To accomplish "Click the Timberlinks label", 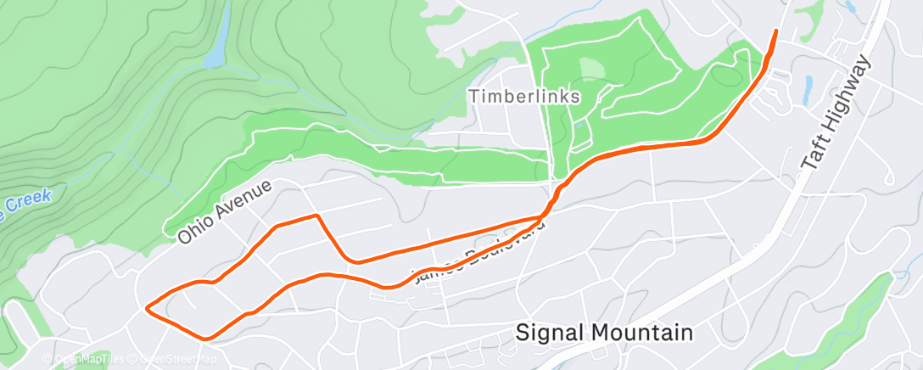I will [525, 97].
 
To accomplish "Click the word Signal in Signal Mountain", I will [555, 333].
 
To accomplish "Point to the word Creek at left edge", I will [32, 199].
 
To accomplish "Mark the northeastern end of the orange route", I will [775, 31].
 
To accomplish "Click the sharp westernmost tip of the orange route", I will [148, 307].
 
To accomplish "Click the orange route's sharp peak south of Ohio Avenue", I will [317, 216].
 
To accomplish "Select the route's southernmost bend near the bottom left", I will [206, 337].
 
